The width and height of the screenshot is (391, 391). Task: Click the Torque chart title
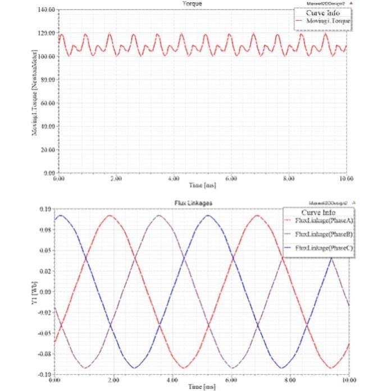click(x=193, y=4)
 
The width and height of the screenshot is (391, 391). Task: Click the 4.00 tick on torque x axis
click(x=174, y=178)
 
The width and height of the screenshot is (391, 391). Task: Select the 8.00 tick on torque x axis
click(x=289, y=178)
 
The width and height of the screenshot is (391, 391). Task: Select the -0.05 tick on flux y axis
click(x=46, y=333)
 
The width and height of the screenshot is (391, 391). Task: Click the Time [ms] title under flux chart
click(x=202, y=387)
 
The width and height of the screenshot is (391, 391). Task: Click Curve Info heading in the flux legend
click(x=319, y=212)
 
